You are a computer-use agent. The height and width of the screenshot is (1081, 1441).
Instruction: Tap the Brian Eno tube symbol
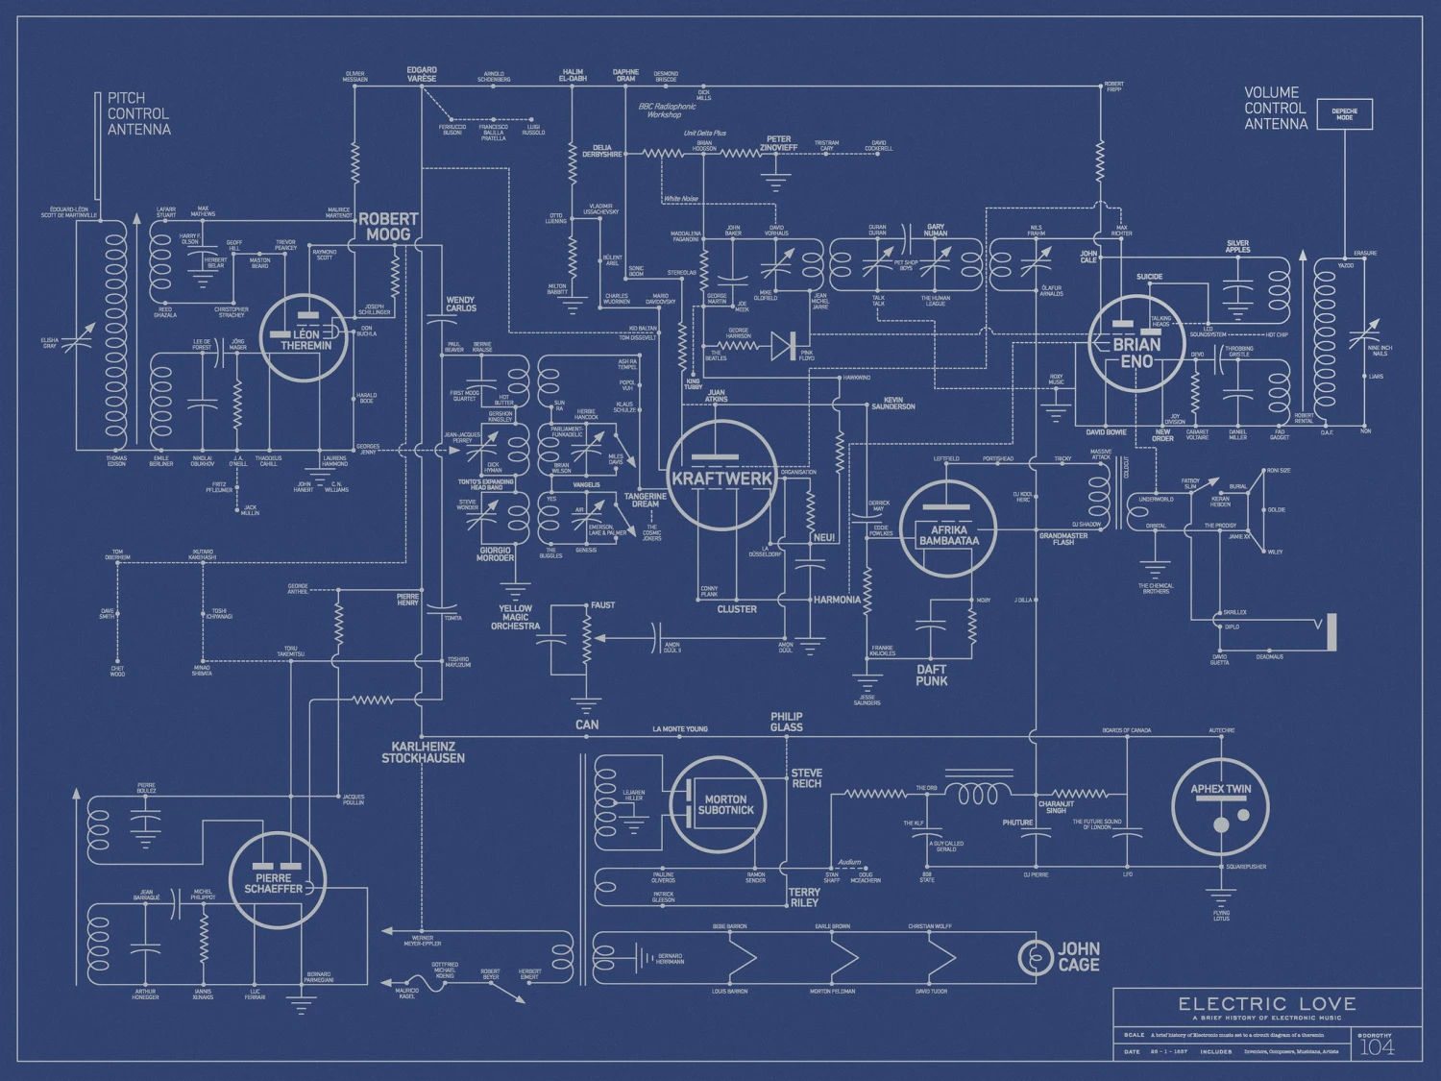1136,343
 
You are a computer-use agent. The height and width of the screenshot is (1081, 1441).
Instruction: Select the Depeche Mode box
1344,114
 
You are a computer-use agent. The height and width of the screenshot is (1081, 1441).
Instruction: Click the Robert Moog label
388,227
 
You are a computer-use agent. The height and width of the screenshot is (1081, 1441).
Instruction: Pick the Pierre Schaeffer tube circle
278,880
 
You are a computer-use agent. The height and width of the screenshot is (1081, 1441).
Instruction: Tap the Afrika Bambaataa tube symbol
948,528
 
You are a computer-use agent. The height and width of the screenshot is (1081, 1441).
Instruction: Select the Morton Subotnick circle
719,805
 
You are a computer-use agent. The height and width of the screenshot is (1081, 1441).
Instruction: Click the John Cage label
1078,956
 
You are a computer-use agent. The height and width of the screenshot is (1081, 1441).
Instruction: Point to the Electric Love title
1267,1004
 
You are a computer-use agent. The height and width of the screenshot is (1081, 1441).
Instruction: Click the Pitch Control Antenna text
138,113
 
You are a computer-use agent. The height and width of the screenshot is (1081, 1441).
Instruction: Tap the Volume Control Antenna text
1276,108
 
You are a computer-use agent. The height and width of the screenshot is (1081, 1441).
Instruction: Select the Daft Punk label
931,675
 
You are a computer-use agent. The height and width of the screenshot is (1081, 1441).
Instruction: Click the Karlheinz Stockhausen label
423,752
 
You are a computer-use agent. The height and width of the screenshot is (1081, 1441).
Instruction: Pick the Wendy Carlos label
460,305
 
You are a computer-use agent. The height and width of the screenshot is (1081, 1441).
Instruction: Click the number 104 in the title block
1377,1047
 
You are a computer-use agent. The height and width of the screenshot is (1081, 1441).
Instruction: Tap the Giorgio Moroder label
496,554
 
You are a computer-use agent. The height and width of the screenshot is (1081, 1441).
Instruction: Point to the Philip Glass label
786,722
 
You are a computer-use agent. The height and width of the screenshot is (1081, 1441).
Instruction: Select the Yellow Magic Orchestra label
515,617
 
